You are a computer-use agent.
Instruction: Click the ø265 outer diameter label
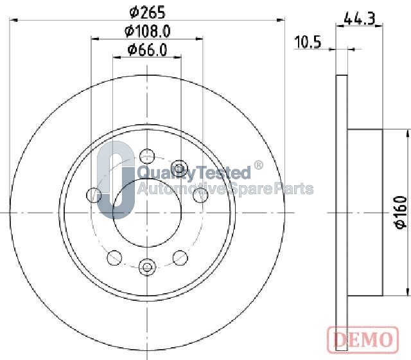148,12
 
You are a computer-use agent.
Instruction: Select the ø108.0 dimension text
148,32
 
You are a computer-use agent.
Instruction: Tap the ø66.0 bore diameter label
147,50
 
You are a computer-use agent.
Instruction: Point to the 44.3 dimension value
360,19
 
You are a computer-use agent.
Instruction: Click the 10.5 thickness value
308,42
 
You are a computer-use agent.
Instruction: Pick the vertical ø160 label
401,212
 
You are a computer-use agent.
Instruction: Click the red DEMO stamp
363,339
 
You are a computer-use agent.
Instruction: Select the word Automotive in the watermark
181,188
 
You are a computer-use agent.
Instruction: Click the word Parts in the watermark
294,188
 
